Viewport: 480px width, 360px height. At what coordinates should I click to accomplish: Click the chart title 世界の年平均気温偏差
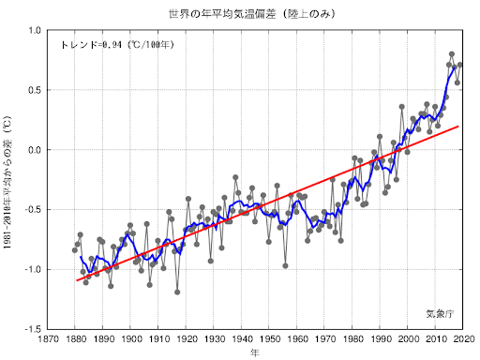point(251,14)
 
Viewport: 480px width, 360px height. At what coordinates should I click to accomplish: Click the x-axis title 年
point(255,353)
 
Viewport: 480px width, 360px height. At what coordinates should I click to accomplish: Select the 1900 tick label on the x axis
point(130,340)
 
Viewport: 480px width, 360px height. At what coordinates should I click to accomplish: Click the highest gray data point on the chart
point(452,54)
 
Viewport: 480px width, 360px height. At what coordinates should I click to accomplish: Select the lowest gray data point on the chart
point(177,292)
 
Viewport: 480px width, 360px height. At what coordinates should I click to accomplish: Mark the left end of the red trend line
point(76,280)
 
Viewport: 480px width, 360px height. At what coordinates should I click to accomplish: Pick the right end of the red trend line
point(459,126)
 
